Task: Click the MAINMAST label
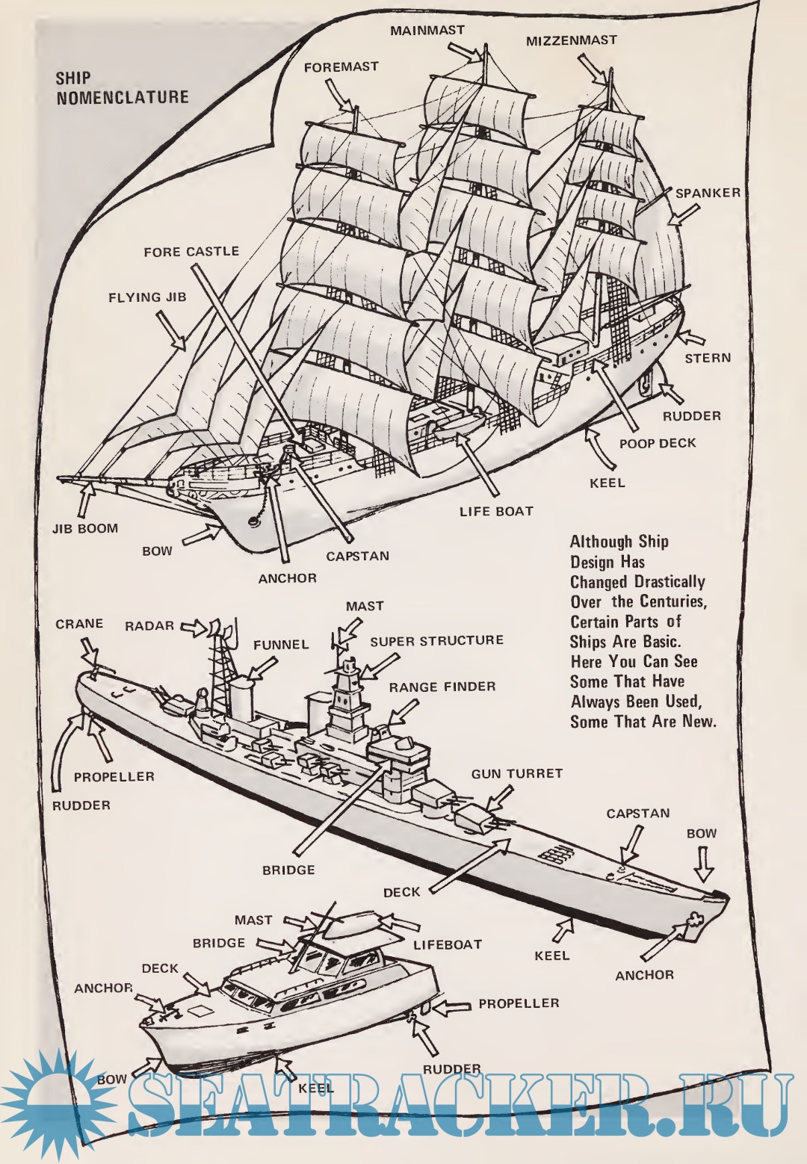(427, 31)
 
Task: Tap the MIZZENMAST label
(572, 40)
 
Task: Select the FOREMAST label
(341, 66)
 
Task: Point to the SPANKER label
(708, 193)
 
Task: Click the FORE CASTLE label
(191, 252)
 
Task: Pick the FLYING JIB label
(147, 297)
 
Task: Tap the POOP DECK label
(658, 443)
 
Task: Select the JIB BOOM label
(85, 528)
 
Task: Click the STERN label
(708, 358)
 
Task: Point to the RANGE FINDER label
(442, 687)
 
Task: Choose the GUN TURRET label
(517, 774)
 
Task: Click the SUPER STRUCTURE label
(437, 640)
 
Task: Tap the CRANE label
(79, 624)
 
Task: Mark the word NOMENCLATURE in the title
(123, 97)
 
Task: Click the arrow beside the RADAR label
(194, 628)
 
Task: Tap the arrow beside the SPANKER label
(683, 214)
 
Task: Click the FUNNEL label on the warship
(281, 645)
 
